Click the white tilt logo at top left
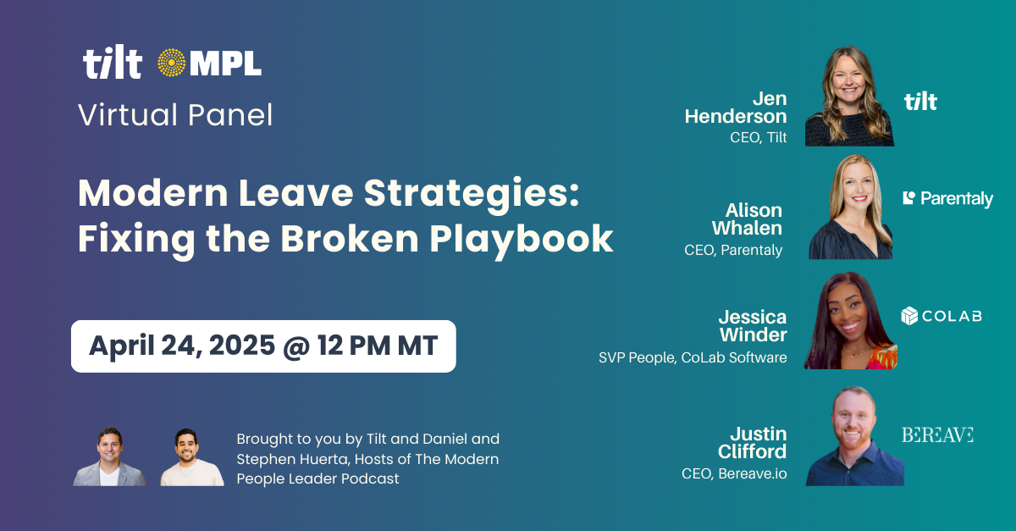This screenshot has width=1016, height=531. (112, 64)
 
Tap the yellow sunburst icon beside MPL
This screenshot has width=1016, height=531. (172, 64)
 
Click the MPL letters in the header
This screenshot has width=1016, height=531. (225, 64)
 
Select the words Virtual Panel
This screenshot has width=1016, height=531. (175, 114)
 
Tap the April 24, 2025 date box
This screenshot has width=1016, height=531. (263, 346)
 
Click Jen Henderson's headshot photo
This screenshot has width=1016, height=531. (849, 97)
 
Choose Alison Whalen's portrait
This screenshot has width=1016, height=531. (849, 207)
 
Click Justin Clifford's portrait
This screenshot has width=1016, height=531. (853, 436)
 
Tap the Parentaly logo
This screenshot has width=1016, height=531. (947, 199)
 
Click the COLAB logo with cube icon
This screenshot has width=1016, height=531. (941, 316)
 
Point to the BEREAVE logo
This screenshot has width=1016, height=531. (937, 434)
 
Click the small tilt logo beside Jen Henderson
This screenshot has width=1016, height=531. (920, 102)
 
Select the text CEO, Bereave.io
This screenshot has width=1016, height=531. (734, 473)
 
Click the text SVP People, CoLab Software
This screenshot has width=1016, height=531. (693, 358)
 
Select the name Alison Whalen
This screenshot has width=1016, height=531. (747, 218)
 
